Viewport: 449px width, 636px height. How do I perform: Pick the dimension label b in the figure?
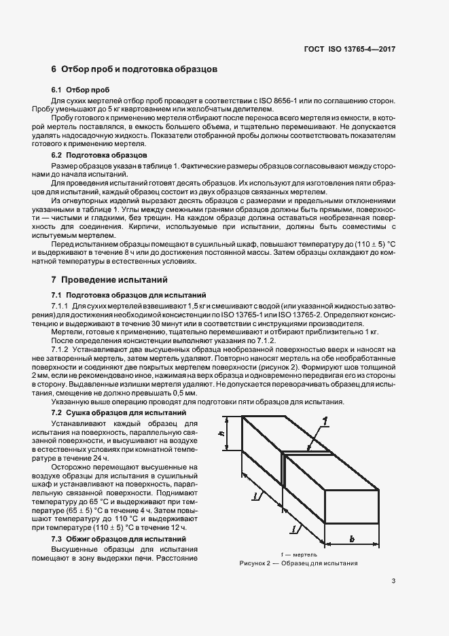click(x=352, y=539)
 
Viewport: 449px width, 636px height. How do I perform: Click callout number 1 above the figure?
click(x=326, y=421)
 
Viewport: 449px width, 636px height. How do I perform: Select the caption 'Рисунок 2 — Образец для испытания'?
click(x=298, y=564)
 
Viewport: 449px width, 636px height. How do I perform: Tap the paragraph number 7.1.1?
click(x=63, y=306)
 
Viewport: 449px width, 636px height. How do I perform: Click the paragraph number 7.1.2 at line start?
click(x=63, y=347)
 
